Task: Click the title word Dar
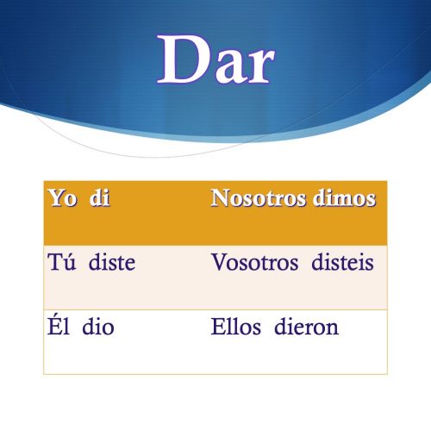tap(216, 61)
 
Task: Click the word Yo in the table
tap(62, 198)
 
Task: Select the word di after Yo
tap(100, 198)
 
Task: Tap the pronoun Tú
tap(60, 262)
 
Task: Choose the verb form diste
tap(109, 262)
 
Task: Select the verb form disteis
tap(342, 262)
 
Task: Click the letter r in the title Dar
tap(258, 67)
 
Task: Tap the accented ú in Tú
tap(68, 263)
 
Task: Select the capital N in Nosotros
tap(219, 198)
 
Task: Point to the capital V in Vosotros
tap(218, 262)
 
